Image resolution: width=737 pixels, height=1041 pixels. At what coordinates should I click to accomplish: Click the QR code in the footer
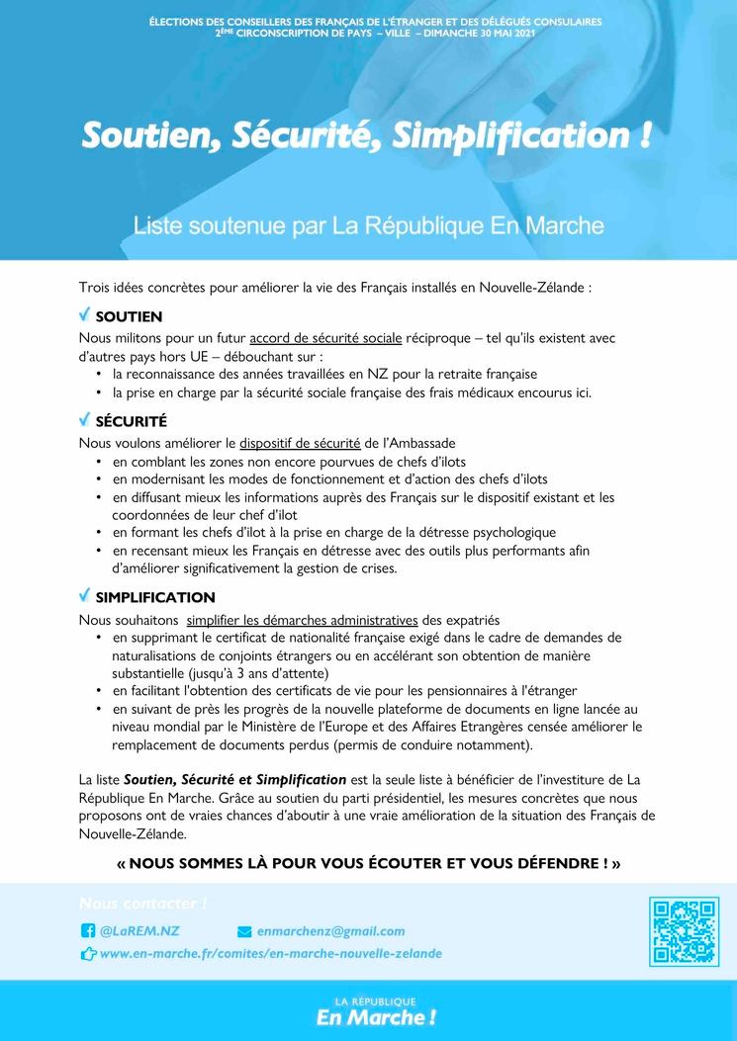684,931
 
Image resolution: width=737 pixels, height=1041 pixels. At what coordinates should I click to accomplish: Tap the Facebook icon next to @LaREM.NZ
87,931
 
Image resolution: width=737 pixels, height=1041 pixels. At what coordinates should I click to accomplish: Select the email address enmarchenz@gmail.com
330,931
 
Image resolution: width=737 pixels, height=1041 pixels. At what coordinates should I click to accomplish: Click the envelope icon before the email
245,931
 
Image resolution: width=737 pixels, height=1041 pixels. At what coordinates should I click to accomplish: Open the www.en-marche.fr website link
271,954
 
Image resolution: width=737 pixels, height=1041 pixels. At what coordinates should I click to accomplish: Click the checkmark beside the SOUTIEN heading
84,315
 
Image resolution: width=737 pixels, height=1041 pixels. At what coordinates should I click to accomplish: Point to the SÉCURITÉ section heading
131,421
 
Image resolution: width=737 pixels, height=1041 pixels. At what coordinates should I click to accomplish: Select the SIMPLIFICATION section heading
154,597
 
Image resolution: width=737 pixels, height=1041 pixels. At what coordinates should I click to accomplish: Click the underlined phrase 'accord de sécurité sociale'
325,338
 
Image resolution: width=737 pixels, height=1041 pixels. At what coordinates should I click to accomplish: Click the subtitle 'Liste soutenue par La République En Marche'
368,225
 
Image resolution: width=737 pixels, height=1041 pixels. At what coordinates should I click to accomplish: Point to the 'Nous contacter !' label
142,904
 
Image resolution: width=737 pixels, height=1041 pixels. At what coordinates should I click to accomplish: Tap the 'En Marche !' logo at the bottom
375,1017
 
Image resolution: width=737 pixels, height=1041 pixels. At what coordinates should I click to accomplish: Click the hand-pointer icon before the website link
87,955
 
